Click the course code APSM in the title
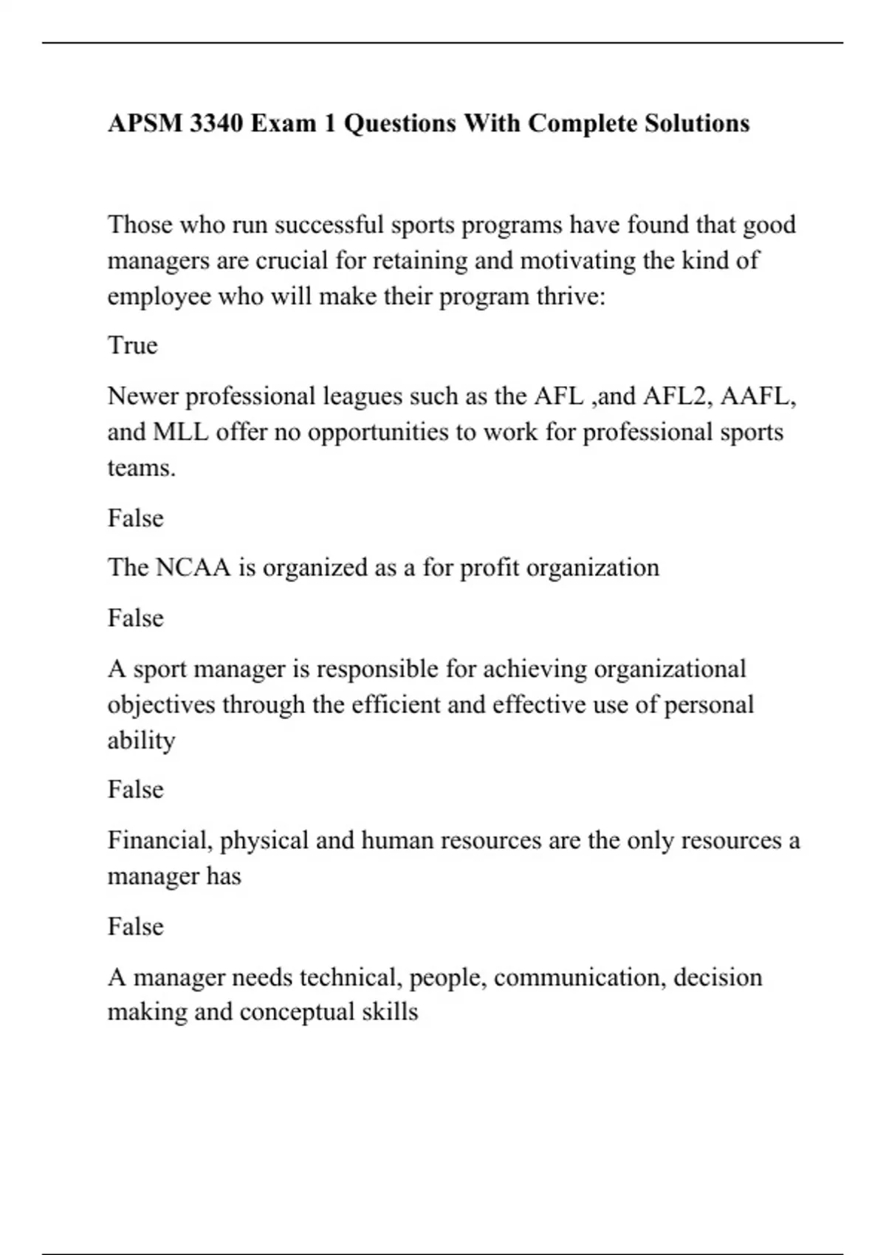coord(145,123)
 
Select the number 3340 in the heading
coord(216,123)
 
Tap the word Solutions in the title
coord(696,123)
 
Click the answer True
coord(133,345)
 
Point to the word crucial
coord(292,261)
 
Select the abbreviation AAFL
coord(758,396)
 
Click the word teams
coord(141,468)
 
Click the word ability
coord(141,740)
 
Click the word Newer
coord(142,396)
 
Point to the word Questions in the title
coord(399,123)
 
